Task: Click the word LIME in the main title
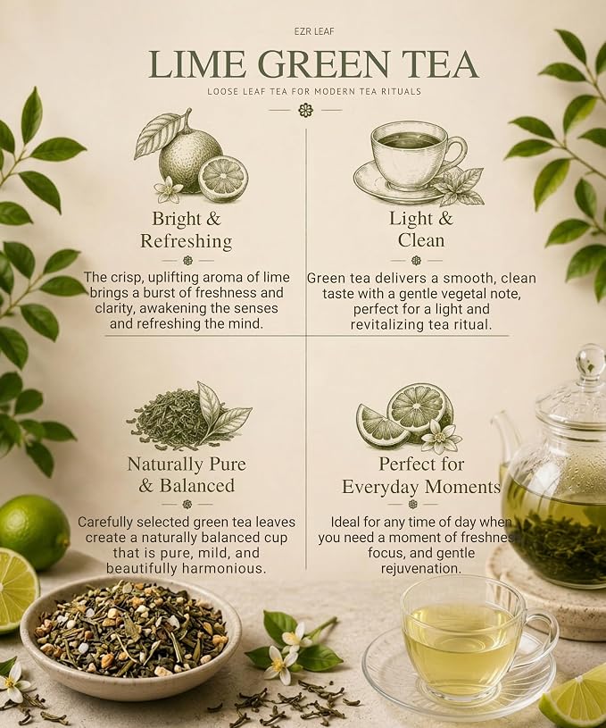point(197,64)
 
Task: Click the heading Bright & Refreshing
point(186,230)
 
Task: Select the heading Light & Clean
point(421,230)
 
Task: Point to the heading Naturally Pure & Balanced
point(187,475)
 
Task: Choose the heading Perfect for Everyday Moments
point(421,475)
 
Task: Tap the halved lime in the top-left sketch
point(223,177)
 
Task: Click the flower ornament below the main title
point(306,111)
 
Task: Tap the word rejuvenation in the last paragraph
point(421,568)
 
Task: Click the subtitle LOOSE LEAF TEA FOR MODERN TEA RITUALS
point(314,91)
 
